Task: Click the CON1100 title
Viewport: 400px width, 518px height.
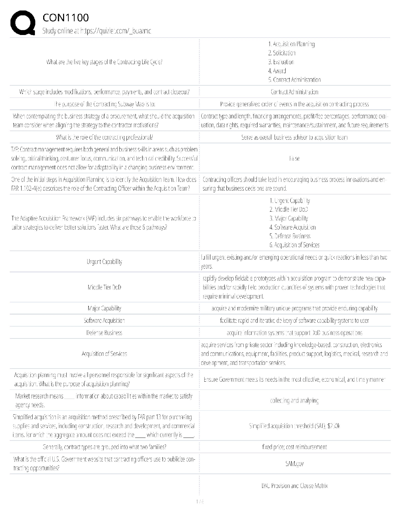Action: pyautogui.click(x=65, y=18)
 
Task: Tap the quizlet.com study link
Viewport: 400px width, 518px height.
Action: pyautogui.click(x=97, y=31)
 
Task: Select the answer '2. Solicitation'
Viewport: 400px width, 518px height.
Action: pyautogui.click(x=282, y=53)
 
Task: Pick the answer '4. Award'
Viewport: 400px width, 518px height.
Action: pyautogui.click(x=277, y=71)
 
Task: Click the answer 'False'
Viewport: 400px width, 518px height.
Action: pyautogui.click(x=294, y=159)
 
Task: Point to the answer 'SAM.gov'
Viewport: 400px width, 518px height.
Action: pyautogui.click(x=294, y=464)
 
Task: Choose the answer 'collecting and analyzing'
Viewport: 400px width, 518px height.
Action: pyautogui.click(x=294, y=401)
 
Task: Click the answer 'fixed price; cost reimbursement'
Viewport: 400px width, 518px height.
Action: pyautogui.click(x=294, y=447)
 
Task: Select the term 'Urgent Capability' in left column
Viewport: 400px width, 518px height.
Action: pyautogui.click(x=104, y=262)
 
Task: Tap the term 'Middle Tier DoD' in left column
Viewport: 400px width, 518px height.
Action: pyautogui.click(x=104, y=287)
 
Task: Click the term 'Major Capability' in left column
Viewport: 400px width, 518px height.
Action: pyautogui.click(x=104, y=308)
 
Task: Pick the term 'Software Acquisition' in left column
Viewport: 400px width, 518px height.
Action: pyautogui.click(x=104, y=321)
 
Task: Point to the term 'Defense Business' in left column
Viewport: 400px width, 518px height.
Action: pyautogui.click(x=104, y=333)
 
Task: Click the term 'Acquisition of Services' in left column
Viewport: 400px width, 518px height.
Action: pyautogui.click(x=104, y=354)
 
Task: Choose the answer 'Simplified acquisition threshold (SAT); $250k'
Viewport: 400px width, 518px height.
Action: pyautogui.click(x=294, y=426)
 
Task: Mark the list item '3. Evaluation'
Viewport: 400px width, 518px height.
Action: pyautogui.click(x=281, y=62)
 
